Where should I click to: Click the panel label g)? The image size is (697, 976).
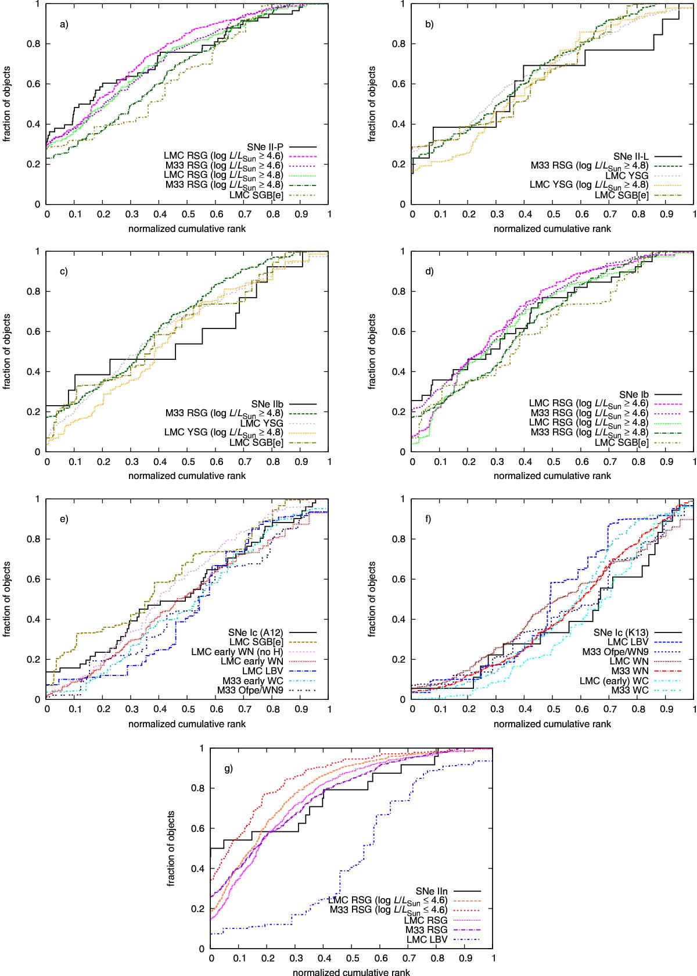point(229,768)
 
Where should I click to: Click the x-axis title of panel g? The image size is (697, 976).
point(352,971)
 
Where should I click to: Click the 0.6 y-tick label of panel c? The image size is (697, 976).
point(34,332)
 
